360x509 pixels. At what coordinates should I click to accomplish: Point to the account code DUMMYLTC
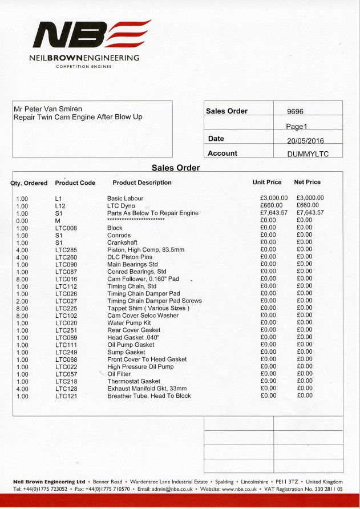pos(308,153)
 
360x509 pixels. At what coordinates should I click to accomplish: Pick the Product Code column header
pos(75,183)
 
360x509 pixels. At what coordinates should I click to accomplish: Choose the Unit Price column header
pos(267,183)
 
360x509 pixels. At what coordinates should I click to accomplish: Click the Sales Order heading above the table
pos(176,168)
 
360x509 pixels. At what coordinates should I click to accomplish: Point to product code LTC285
pos(66,249)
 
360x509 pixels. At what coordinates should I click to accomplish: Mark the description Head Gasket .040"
pos(134,337)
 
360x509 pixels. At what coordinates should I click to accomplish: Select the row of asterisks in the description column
pos(136,220)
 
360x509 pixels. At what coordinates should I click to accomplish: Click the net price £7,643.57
pos(310,213)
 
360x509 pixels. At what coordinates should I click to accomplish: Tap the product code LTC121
pos(66,396)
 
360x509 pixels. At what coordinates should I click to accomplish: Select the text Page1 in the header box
pos(297,126)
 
